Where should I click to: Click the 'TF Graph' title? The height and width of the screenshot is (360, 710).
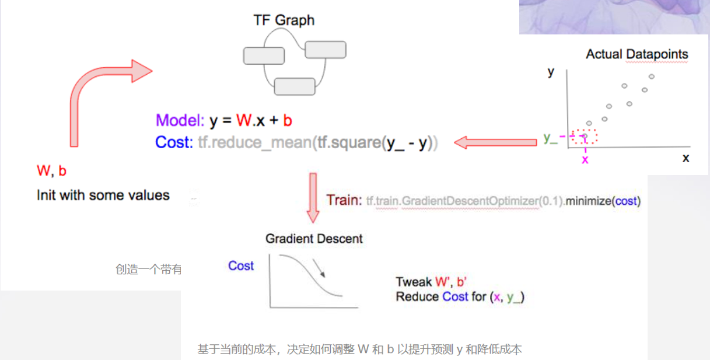pyautogui.click(x=284, y=20)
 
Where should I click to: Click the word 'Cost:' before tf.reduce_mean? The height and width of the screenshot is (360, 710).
pyautogui.click(x=174, y=142)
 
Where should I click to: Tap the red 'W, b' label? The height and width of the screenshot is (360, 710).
pyautogui.click(x=51, y=171)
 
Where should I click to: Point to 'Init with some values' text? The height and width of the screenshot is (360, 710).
pyautogui.click(x=103, y=195)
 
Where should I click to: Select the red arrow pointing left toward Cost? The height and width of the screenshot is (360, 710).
pyautogui.click(x=495, y=142)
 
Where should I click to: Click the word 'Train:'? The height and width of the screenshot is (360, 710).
pyautogui.click(x=344, y=200)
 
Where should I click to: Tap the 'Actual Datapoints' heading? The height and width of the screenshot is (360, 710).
pyautogui.click(x=637, y=54)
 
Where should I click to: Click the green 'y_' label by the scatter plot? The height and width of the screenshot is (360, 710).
pyautogui.click(x=550, y=138)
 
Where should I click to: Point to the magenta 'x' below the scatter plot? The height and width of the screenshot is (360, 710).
pyautogui.click(x=585, y=159)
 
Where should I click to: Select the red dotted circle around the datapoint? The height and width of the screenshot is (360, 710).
pyautogui.click(x=585, y=137)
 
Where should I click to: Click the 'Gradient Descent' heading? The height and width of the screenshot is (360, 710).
pyautogui.click(x=314, y=239)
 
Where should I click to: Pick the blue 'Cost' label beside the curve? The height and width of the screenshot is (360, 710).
pyautogui.click(x=241, y=266)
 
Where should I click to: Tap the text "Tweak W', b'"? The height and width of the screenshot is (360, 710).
pyautogui.click(x=431, y=282)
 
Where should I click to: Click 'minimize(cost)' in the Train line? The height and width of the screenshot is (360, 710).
pyautogui.click(x=605, y=201)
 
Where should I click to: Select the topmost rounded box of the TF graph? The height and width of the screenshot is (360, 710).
pyautogui.click(x=326, y=50)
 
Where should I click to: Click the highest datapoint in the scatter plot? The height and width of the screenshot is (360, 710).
pyautogui.click(x=652, y=76)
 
